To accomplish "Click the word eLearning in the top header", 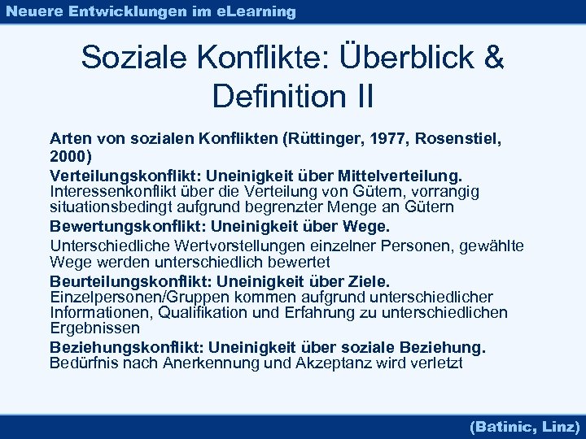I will [256, 11].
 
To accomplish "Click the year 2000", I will [68, 155].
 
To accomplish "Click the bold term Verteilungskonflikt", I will [127, 176].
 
